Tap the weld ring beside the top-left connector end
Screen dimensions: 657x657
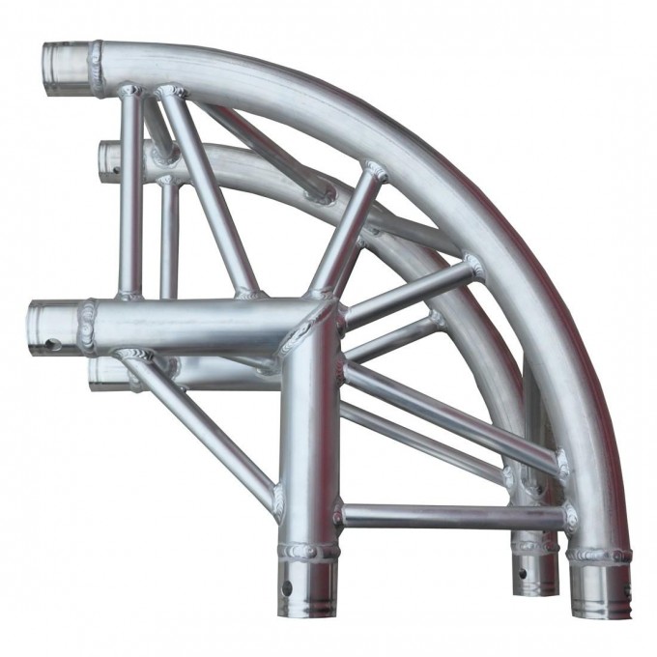pos(97,67)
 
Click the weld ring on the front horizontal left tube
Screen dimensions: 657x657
pos(87,327)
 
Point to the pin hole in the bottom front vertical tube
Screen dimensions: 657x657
pos(288,587)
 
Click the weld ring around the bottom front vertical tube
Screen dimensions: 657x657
pos(308,552)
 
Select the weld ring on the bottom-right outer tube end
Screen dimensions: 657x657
pos(598,556)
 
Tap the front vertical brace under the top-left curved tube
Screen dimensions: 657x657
pos(130,193)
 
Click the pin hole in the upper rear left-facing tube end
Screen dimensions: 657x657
pos(114,169)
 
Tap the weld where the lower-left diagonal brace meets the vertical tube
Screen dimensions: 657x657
pos(279,500)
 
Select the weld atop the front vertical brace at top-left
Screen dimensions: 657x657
pos(129,92)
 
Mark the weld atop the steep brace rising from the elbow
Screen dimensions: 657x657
pos(375,173)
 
